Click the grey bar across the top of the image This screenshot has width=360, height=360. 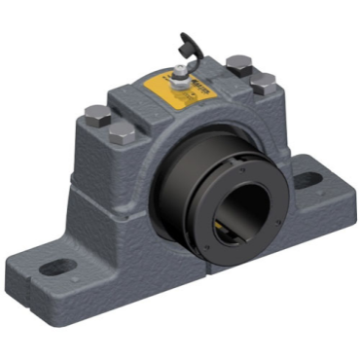click(180, 13)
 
